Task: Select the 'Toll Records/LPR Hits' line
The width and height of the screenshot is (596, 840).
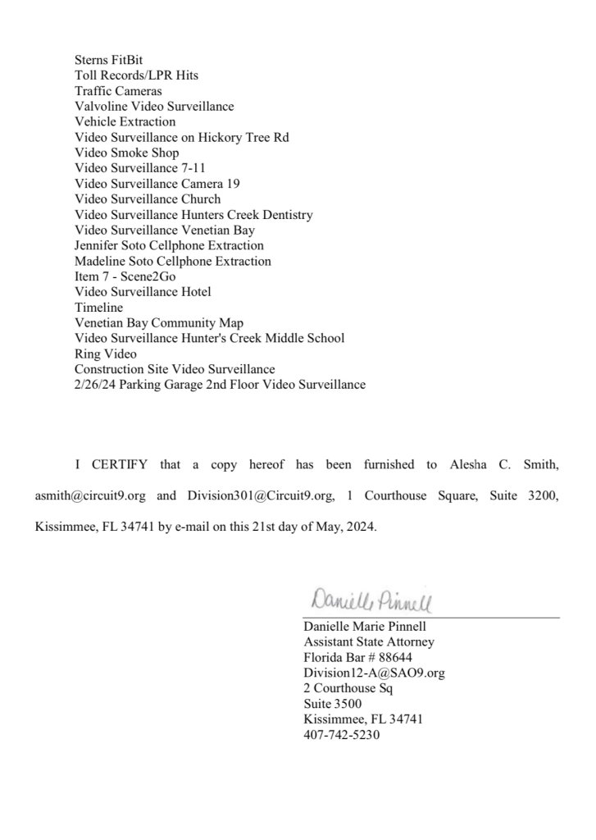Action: point(136,75)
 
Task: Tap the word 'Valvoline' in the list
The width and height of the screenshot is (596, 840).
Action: point(99,107)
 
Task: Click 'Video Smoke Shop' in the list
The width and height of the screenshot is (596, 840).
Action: point(126,153)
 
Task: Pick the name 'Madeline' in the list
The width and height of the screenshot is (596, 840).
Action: point(98,261)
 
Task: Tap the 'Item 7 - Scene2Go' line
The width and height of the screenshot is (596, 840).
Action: point(125,276)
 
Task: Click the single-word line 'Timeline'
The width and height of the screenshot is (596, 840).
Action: point(98,308)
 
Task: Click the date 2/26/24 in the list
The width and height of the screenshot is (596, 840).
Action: point(94,384)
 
